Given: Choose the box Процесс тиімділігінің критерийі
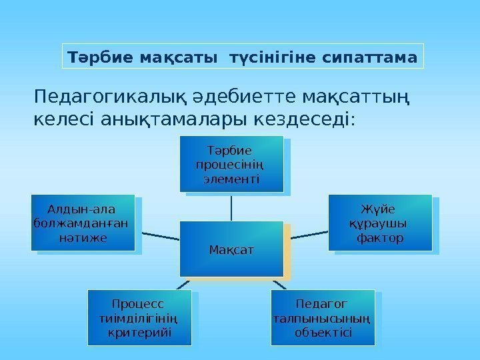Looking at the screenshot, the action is coord(139,317).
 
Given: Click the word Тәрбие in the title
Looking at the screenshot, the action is coord(91,57).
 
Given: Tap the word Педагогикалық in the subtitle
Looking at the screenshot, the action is coord(100,99).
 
